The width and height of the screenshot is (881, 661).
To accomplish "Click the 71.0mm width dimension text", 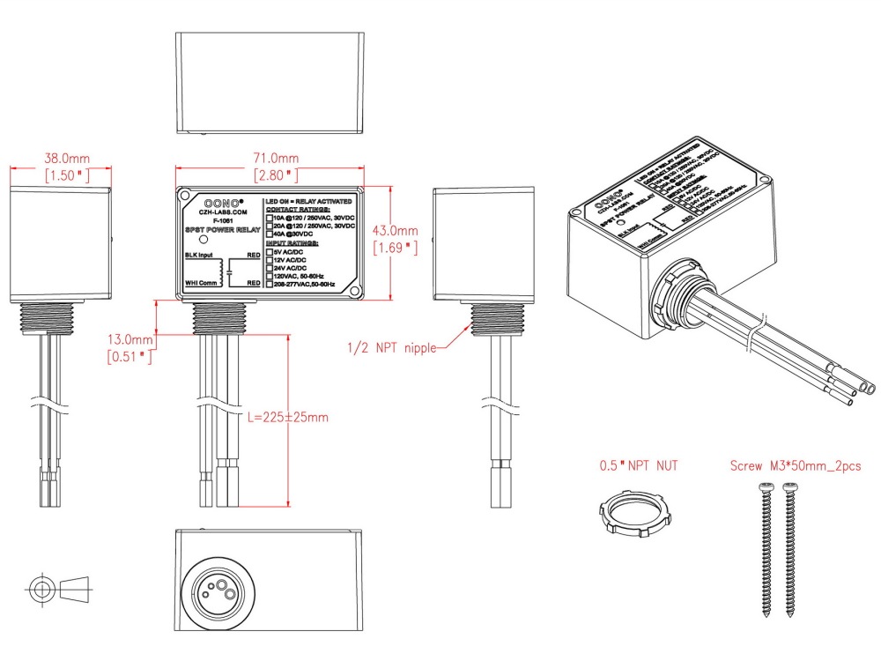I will tap(270, 159).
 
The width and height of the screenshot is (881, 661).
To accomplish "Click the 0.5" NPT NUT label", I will tap(639, 464).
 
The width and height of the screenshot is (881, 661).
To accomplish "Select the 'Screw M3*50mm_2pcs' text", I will tap(795, 464).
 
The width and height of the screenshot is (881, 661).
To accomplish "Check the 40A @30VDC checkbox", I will tap(270, 233).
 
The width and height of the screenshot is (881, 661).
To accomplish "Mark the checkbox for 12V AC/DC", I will tap(270, 260).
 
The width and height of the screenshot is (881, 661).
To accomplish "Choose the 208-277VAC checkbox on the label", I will tap(270, 285).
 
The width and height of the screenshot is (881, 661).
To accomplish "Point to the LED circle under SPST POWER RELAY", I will tap(204, 240).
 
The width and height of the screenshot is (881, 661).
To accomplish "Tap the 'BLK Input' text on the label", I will tap(201, 256).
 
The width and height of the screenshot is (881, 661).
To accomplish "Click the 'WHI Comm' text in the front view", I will tap(201, 283).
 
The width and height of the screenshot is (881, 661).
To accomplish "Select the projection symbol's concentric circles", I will tap(41, 586).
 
